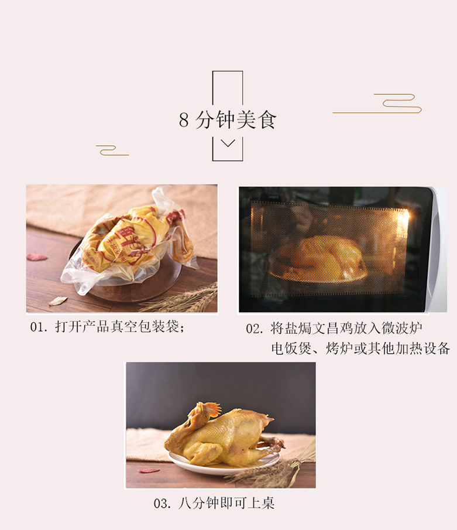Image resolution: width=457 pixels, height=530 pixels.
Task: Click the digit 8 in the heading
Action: [184, 119]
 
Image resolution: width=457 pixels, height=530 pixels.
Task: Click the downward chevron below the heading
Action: [228, 143]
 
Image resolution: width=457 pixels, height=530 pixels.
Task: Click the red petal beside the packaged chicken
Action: [36, 257]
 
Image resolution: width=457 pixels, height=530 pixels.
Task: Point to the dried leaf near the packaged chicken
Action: [58, 300]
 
